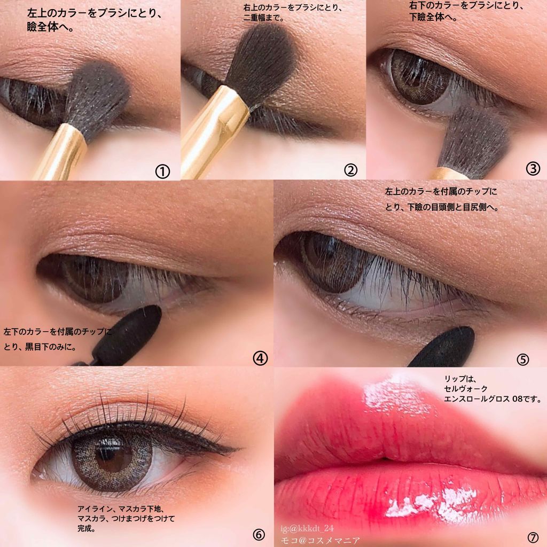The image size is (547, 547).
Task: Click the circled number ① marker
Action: (x=162, y=171)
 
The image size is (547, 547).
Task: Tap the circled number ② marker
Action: (x=350, y=170)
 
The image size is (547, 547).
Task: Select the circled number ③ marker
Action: (x=533, y=168)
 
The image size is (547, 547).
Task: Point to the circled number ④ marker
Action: (x=260, y=358)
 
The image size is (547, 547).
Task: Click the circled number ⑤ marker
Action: (x=522, y=360)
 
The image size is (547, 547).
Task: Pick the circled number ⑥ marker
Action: (x=259, y=534)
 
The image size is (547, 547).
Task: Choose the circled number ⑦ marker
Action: (x=533, y=537)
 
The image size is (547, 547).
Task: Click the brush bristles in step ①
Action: (x=98, y=98)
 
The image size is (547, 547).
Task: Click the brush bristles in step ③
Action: (x=474, y=139)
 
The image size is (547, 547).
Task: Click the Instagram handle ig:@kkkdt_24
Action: (x=307, y=528)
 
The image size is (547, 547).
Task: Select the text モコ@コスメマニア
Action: (x=321, y=541)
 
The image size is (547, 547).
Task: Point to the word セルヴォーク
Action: (x=465, y=389)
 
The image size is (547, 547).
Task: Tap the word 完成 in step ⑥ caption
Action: (x=86, y=528)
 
